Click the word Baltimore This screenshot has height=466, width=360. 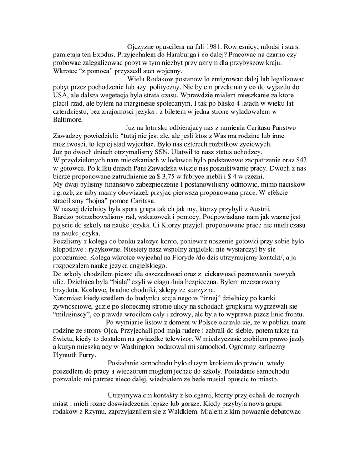tap(68, 120)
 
